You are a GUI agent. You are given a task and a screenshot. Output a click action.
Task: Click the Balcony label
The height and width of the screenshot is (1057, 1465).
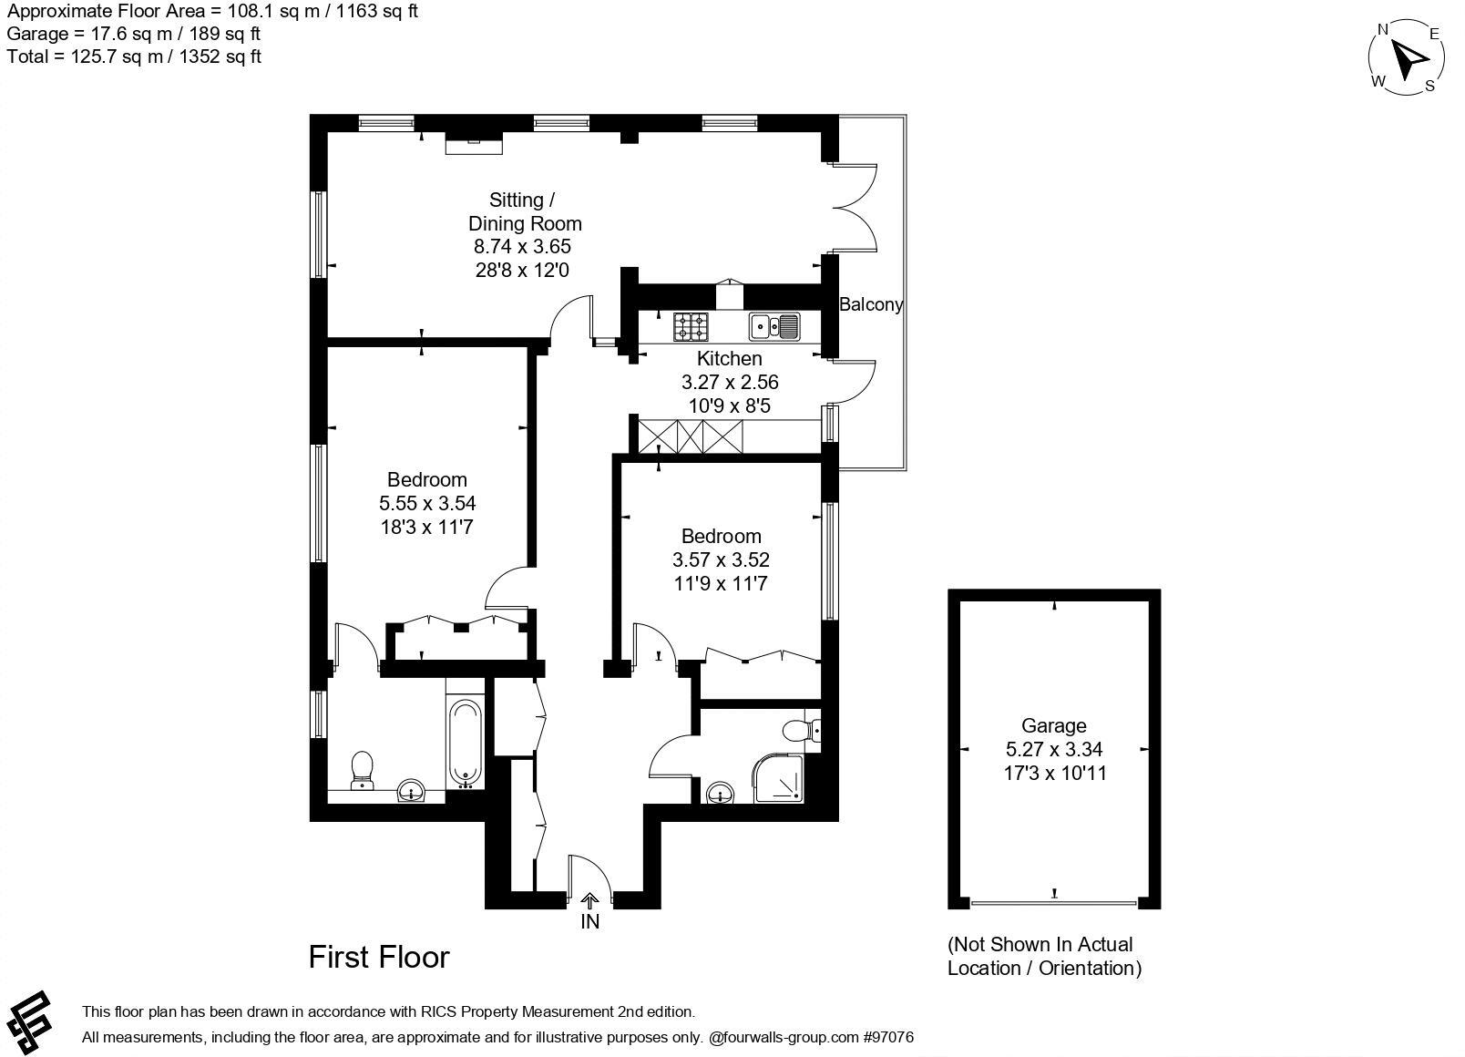tap(871, 304)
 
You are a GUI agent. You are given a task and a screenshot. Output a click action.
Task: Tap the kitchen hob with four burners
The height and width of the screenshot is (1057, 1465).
tap(691, 325)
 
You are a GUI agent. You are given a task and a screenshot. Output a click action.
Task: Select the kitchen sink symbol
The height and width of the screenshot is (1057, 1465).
tap(774, 325)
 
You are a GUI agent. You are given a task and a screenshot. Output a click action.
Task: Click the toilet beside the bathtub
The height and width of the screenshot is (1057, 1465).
tap(363, 771)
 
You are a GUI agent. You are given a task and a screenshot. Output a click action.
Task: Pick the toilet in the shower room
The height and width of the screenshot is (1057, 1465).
tap(801, 730)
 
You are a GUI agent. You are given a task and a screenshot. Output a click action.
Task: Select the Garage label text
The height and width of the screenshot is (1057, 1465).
tap(1053, 725)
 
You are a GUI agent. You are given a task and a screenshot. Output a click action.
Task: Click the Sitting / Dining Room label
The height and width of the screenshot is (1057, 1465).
tap(524, 211)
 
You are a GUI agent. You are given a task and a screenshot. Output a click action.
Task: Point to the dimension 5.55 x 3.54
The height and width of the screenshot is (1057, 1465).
tap(427, 503)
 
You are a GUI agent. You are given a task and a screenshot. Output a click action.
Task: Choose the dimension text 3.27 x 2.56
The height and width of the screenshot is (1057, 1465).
tap(730, 382)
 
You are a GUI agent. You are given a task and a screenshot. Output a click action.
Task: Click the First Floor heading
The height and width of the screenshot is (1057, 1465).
tap(379, 957)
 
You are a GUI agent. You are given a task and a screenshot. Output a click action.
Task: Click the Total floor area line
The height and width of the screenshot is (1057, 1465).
tap(134, 56)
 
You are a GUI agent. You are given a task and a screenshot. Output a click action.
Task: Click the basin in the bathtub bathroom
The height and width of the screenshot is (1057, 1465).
tap(412, 792)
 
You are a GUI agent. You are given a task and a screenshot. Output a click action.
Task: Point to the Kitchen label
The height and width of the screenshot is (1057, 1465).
tap(729, 358)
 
